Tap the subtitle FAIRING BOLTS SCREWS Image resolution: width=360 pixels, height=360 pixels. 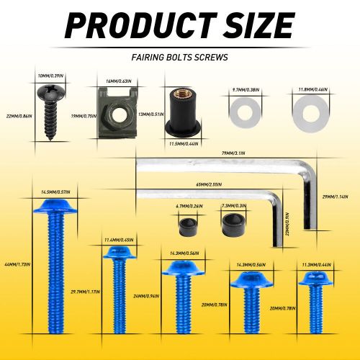tap(179, 56)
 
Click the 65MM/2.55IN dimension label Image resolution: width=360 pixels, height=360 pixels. tap(207, 185)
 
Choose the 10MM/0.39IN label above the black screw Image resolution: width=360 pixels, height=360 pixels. tap(50, 75)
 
